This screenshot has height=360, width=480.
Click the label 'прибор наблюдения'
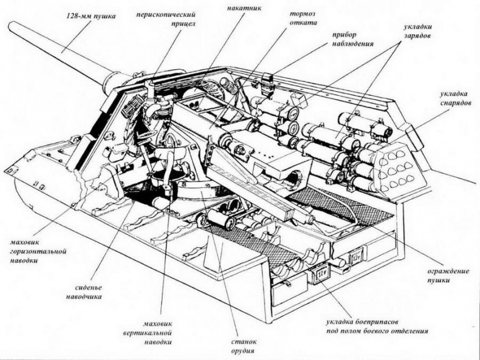click(353, 40)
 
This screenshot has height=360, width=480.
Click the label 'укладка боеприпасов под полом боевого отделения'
click(377, 327)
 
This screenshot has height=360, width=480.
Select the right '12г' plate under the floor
click(355, 261)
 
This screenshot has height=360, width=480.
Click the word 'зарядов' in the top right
click(417, 36)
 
